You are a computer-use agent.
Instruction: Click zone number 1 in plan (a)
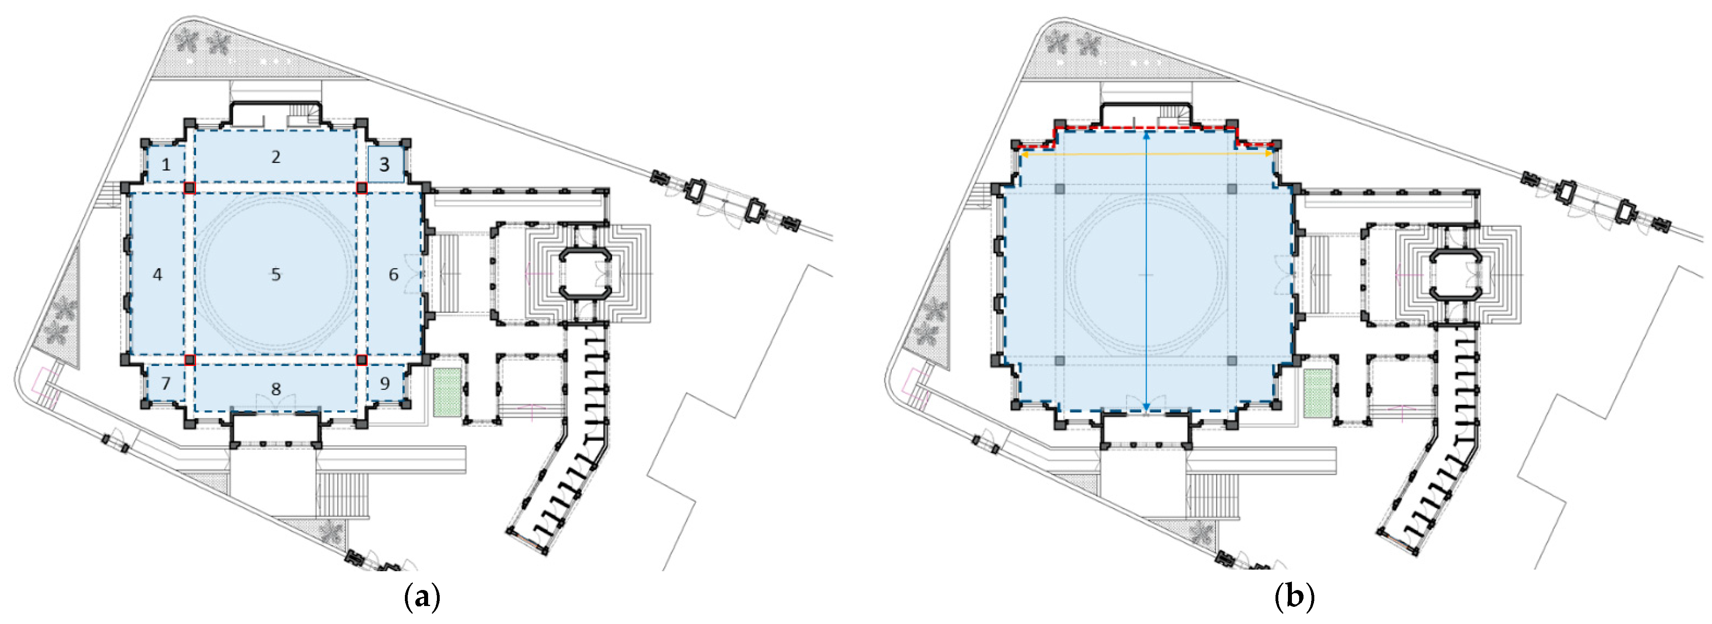tap(166, 164)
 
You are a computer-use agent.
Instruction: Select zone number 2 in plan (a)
tap(276, 157)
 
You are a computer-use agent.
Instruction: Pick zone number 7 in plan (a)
tap(166, 384)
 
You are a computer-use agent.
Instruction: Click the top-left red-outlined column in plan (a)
tap(190, 188)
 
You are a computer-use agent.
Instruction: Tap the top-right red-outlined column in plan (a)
tap(362, 188)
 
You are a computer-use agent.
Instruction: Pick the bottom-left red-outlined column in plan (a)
tap(190, 360)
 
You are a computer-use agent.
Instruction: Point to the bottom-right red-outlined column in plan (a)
tap(362, 360)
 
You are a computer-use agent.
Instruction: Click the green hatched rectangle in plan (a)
tap(447, 392)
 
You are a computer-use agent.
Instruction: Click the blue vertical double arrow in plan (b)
tap(1146, 271)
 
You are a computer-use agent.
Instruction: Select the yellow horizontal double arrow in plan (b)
tap(1146, 154)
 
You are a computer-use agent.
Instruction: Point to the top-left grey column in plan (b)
tap(1059, 189)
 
